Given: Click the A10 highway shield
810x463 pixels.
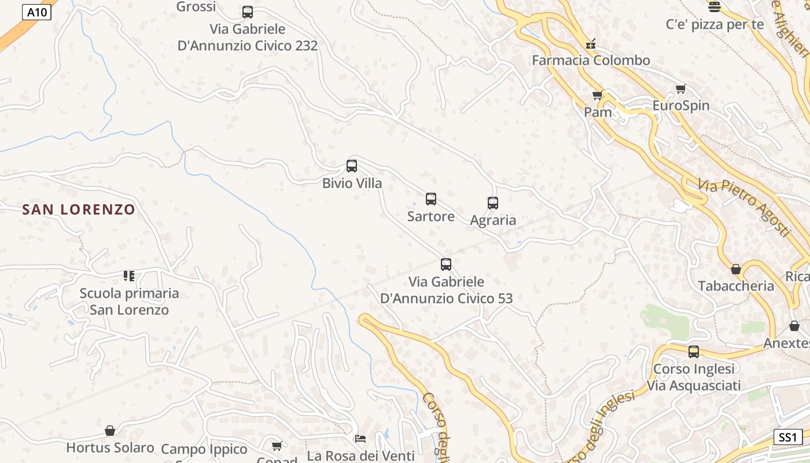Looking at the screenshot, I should click(x=36, y=12).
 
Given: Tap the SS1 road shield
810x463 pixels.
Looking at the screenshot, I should click(x=787, y=437).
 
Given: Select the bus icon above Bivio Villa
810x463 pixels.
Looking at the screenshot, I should click(x=352, y=166).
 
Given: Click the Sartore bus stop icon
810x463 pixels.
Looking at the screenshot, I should click(x=431, y=199).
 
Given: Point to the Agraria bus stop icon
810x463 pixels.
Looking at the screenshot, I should click(x=493, y=203).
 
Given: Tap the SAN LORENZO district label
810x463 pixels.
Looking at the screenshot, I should click(x=79, y=210).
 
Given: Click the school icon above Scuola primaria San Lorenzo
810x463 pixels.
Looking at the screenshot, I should click(x=128, y=276).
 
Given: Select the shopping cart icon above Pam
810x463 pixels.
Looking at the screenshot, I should click(x=598, y=95).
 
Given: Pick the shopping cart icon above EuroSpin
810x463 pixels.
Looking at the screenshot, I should click(x=681, y=89).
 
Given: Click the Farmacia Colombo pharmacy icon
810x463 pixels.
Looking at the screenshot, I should click(x=591, y=43).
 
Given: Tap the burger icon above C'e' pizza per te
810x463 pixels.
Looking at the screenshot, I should click(x=715, y=7).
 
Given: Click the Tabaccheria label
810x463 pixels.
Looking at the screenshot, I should click(x=736, y=286).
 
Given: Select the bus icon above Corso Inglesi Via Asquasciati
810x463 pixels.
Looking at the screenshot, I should click(x=694, y=351).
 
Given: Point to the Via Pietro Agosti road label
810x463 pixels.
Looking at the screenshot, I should click(x=744, y=207).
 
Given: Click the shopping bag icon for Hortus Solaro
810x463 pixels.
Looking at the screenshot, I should click(x=110, y=431).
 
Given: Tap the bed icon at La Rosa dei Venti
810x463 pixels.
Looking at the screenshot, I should click(x=360, y=439).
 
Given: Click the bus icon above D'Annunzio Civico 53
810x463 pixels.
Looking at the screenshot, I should click(x=446, y=264).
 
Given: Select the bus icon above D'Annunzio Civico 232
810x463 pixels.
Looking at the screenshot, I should click(x=248, y=12).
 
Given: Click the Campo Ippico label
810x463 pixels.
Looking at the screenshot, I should click(x=204, y=449).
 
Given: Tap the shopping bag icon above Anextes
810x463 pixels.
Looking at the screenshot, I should click(x=794, y=326).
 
